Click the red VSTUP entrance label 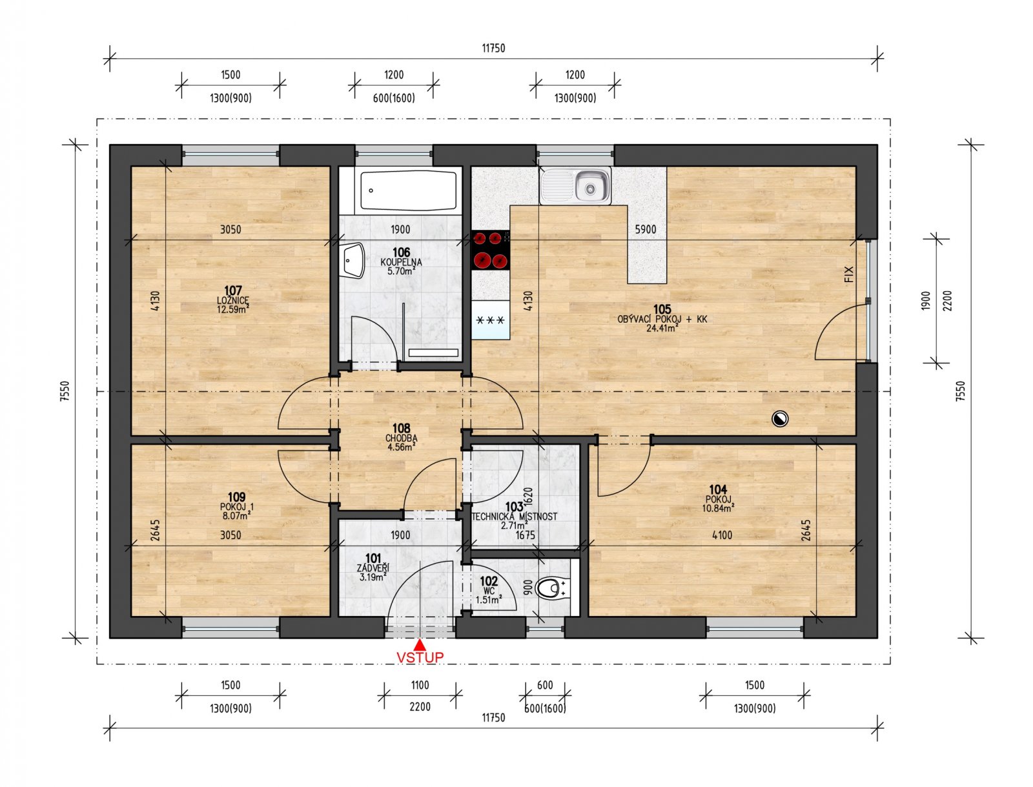[x=420, y=657]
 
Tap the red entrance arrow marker [x=420, y=644]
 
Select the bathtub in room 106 [x=408, y=190]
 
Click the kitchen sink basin [x=589, y=187]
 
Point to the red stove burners [x=490, y=250]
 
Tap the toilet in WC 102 [x=550, y=588]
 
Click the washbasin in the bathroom [x=353, y=261]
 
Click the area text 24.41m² [x=662, y=328]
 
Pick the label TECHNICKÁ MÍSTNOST [x=515, y=517]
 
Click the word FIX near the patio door [x=849, y=274]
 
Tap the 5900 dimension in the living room [x=646, y=229]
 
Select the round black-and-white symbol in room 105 [x=780, y=420]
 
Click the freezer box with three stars [x=491, y=320]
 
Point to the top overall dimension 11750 [x=493, y=48]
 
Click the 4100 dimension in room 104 [x=722, y=535]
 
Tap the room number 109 [x=236, y=497]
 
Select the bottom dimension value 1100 [x=420, y=686]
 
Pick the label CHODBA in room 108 [x=401, y=438]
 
